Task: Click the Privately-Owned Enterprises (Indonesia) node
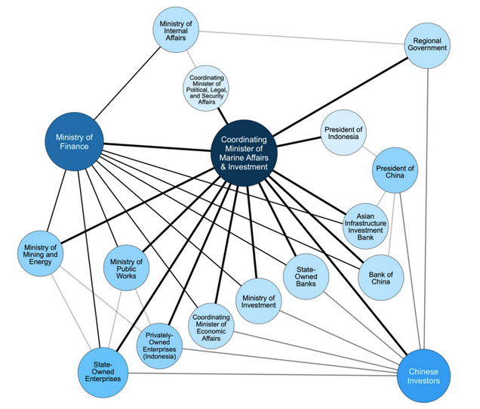[160, 347]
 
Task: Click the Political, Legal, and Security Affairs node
[207, 88]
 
